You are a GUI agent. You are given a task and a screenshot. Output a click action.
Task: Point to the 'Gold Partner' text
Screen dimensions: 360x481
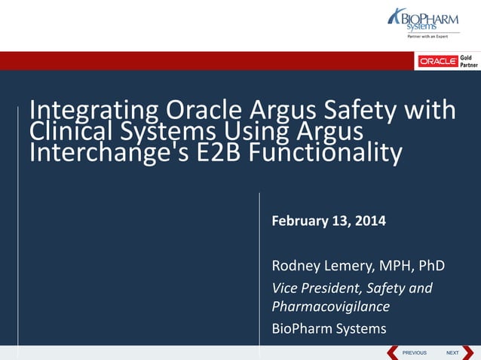[468, 61]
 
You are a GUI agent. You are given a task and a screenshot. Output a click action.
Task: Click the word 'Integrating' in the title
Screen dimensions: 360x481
[93, 111]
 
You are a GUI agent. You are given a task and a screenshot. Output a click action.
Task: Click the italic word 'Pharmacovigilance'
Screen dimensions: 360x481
[330, 307]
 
